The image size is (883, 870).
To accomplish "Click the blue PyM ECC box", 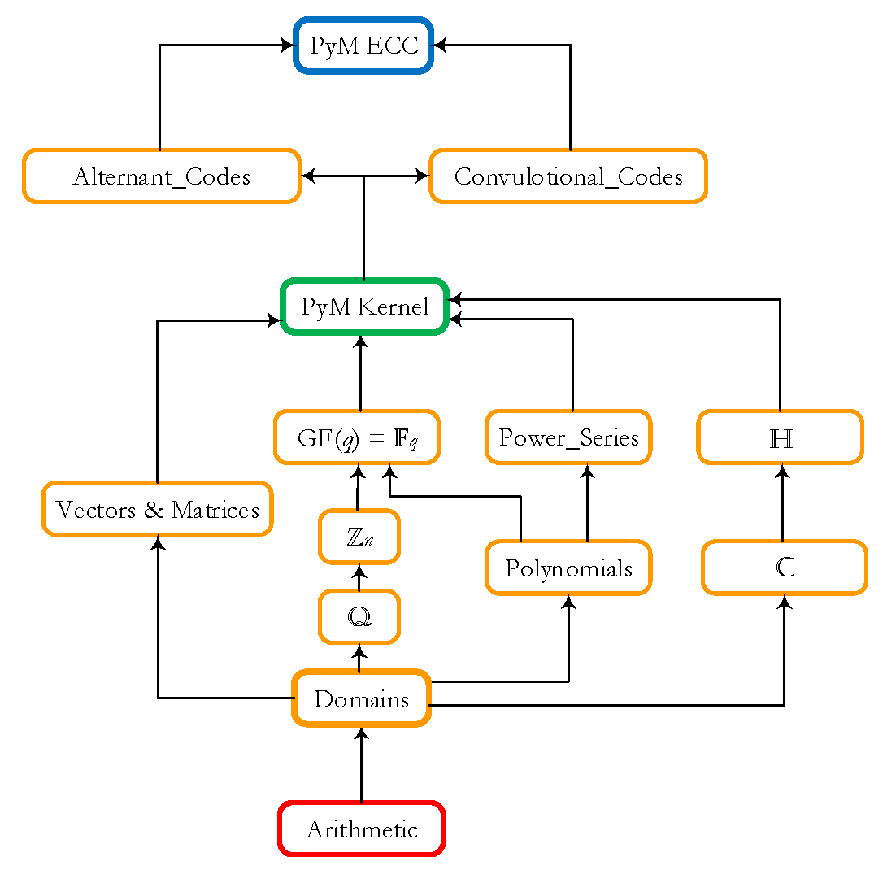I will click(x=363, y=46).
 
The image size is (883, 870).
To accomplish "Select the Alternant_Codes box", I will click(x=162, y=176).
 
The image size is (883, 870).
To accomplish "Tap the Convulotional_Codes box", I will click(x=568, y=176).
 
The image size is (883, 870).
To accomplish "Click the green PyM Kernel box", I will click(x=363, y=307).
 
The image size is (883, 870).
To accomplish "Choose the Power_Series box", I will click(x=568, y=437).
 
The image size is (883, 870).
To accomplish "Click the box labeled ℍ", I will click(x=781, y=437).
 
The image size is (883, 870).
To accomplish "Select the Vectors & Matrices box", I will click(x=157, y=510).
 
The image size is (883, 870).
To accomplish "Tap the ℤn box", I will click(x=359, y=537).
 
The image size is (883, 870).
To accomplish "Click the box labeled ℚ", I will click(x=359, y=617).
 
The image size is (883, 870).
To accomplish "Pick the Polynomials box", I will click(x=568, y=568).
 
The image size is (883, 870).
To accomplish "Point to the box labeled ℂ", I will click(x=784, y=568).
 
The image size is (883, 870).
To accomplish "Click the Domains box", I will click(x=361, y=698).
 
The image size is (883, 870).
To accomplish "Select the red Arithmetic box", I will click(x=362, y=829).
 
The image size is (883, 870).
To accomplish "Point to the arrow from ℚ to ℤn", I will click(x=359, y=576).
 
